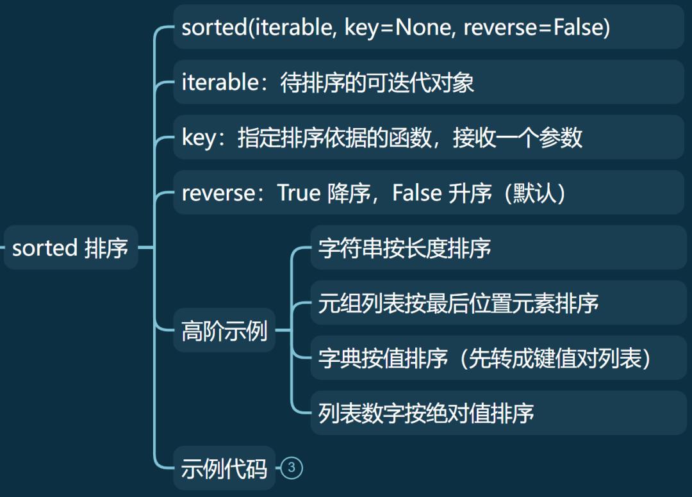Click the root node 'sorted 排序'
(70, 248)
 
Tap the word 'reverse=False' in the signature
(536, 28)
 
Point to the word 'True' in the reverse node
(299, 193)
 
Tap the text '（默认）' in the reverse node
(534, 193)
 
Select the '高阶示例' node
(224, 331)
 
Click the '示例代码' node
(224, 469)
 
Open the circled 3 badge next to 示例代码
(292, 468)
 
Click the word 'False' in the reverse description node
(416, 193)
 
